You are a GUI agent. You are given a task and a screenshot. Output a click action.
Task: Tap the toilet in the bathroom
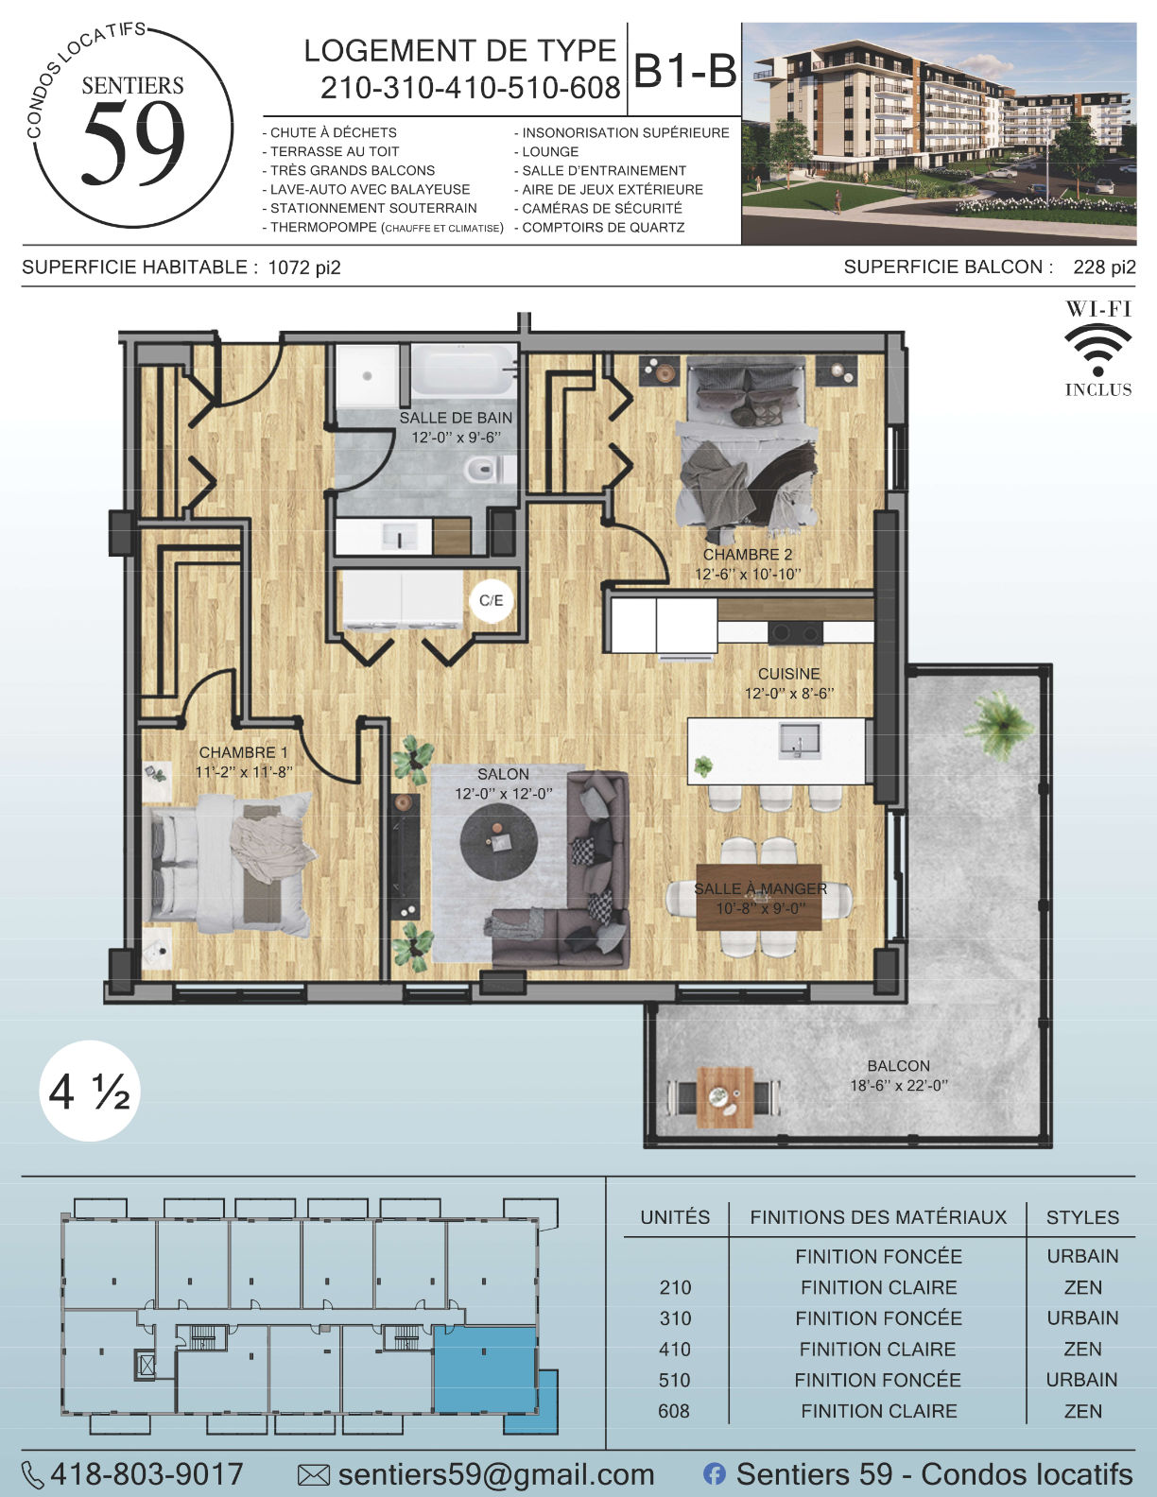coord(490,469)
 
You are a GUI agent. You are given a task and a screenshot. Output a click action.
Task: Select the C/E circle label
coord(492,600)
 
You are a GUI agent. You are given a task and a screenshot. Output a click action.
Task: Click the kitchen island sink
coord(800,741)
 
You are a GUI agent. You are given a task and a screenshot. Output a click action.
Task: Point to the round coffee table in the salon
coord(499,840)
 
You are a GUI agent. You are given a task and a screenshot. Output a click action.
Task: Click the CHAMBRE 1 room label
coord(243,752)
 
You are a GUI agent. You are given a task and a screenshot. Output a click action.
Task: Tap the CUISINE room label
coord(789,674)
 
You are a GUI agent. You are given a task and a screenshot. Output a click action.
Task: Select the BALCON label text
coord(899,1066)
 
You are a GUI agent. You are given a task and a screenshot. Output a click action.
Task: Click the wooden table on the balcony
coord(725,1097)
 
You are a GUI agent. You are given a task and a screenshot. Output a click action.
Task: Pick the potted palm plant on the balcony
coord(998,724)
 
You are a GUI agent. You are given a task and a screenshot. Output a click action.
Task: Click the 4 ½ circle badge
coord(90,1092)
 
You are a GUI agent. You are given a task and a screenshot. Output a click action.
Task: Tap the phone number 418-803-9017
coord(147,1474)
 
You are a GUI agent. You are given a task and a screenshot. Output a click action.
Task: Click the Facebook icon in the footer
coord(715,1474)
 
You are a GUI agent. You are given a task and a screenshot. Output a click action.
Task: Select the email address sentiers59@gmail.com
coord(496,1474)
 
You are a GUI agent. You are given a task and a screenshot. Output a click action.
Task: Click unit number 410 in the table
coord(675,1349)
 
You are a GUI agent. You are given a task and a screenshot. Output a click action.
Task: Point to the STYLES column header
coord(1082,1217)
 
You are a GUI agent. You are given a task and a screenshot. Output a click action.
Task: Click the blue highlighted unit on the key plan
coord(485,1371)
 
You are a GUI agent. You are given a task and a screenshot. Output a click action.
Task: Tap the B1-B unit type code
coord(685,70)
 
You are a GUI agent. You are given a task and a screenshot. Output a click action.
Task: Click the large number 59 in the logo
coord(133,144)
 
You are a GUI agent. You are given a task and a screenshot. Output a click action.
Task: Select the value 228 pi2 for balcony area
coord(1104,267)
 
